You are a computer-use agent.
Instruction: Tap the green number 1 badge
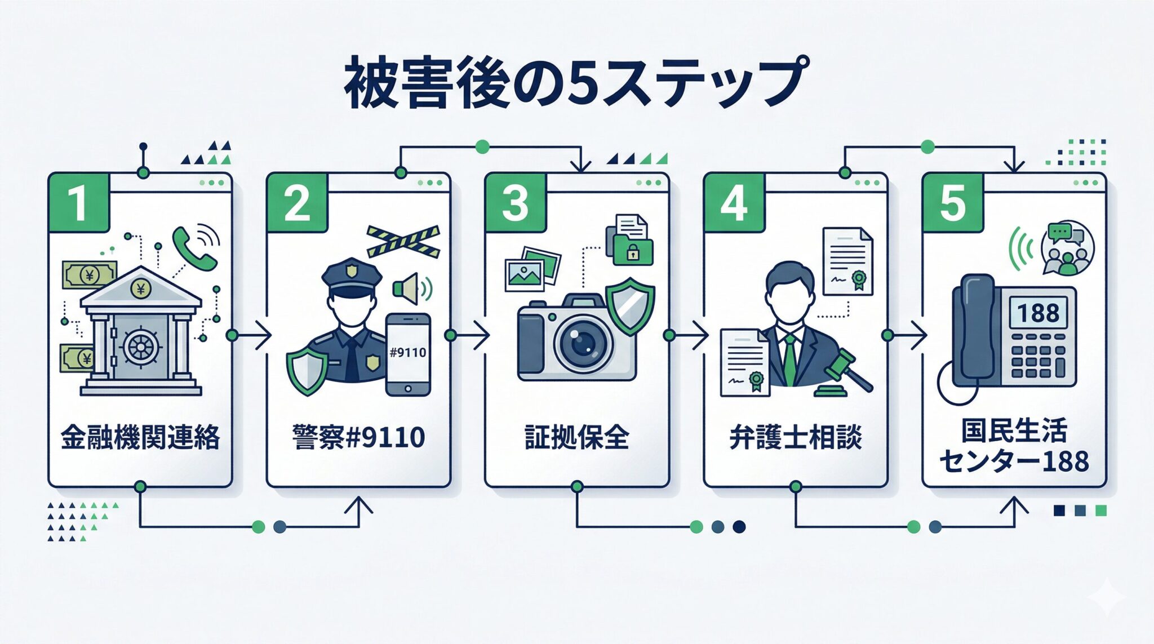click(78, 202)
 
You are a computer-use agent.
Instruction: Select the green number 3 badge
click(515, 202)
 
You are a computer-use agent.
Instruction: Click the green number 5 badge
click(952, 202)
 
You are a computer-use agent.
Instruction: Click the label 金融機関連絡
click(140, 437)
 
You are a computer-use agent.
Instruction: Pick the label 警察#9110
click(358, 437)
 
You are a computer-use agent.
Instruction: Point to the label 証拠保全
click(576, 437)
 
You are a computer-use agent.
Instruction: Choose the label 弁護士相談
click(795, 437)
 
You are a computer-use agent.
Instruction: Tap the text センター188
click(1014, 461)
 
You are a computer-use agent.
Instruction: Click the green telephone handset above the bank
click(193, 248)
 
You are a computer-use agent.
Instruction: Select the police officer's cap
click(352, 276)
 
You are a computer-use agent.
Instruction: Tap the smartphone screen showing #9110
click(409, 353)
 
